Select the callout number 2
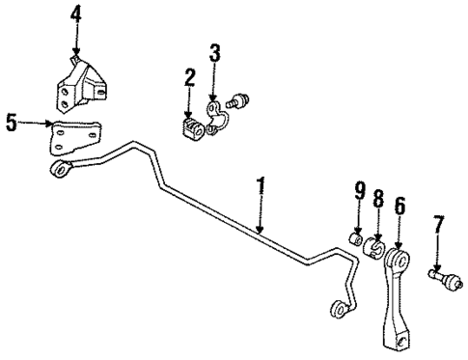tap(190, 77)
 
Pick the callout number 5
tap(12, 123)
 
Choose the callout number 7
tap(439, 225)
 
